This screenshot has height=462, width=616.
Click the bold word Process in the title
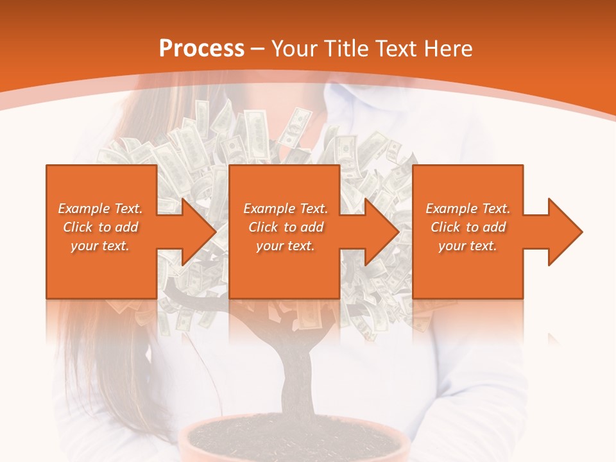[201, 49]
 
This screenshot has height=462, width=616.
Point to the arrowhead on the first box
[193, 232]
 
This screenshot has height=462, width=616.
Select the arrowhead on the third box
[560, 232]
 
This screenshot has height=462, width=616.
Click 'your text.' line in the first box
[100, 246]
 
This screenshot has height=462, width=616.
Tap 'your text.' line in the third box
[468, 246]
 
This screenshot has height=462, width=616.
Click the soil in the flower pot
[295, 440]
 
